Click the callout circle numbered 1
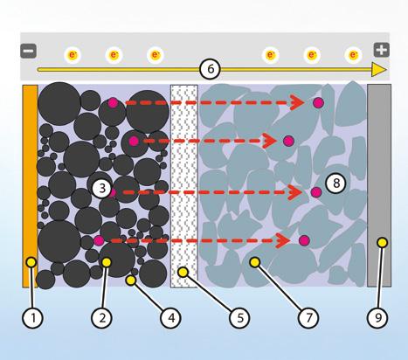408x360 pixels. tap(32, 317)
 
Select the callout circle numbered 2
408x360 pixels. tap(101, 317)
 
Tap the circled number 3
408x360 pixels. tap(102, 188)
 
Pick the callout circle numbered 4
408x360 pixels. tap(170, 317)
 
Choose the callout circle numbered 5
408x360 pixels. tap(239, 317)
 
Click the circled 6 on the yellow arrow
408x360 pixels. tap(210, 69)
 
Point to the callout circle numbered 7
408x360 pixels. tap(308, 317)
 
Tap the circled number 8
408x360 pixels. tap(336, 183)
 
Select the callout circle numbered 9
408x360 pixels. tap(377, 317)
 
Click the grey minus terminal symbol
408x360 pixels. tap(28, 51)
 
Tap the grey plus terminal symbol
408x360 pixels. tap(382, 50)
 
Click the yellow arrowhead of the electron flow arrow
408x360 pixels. tap(379, 70)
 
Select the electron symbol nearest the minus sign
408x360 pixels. tap(73, 55)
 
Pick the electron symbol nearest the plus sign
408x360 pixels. tap(353, 55)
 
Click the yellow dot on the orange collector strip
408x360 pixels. tap(31, 262)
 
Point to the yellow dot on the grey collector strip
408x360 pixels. tap(382, 242)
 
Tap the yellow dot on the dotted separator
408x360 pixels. tap(183, 273)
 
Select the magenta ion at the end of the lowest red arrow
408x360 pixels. tap(304, 240)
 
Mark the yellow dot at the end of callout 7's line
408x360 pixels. tap(255, 262)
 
